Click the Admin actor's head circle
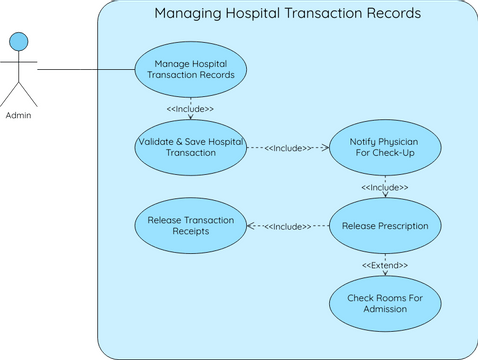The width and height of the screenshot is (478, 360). [x=18, y=41]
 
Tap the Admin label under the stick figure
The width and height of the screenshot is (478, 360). [x=18, y=115]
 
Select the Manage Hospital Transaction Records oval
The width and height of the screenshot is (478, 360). [x=190, y=69]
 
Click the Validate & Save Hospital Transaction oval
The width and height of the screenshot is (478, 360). [x=190, y=147]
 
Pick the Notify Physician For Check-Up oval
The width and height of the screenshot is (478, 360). [x=385, y=147]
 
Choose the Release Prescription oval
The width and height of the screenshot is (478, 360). [x=385, y=226]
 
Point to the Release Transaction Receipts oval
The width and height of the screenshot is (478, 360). [x=190, y=226]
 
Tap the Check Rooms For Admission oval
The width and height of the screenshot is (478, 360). [x=385, y=304]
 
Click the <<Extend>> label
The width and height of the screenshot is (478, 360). [x=385, y=265]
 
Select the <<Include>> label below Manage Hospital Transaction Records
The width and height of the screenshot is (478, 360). [x=190, y=108]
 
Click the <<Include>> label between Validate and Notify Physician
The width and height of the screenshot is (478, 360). [x=288, y=148]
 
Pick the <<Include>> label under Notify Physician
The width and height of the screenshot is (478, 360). [x=385, y=187]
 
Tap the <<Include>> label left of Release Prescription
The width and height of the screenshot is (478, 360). [x=288, y=227]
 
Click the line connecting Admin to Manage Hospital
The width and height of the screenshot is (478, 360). [x=85, y=69]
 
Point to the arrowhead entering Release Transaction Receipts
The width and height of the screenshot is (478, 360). [x=250, y=226]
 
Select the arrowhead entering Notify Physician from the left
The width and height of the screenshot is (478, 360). [x=325, y=147]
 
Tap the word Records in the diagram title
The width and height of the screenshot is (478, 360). [x=392, y=14]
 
